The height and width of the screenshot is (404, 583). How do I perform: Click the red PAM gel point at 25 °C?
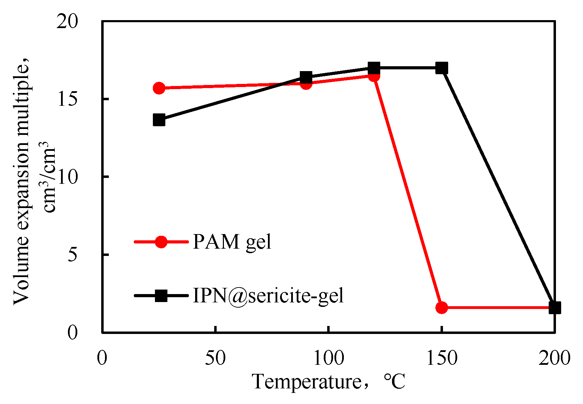click(159, 88)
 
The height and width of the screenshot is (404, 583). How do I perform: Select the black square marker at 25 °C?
click(159, 120)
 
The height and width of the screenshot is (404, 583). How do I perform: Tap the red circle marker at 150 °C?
click(442, 307)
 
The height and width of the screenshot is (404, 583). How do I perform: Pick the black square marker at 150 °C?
click(442, 68)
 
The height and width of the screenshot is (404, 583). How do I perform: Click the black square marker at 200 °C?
click(555, 307)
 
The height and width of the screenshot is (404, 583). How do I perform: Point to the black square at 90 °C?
click(306, 77)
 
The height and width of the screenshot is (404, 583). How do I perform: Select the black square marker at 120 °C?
click(374, 68)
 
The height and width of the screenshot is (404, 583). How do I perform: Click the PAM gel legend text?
click(232, 242)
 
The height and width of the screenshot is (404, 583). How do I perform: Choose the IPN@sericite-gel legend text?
click(268, 296)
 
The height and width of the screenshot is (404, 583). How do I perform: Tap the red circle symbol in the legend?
click(161, 242)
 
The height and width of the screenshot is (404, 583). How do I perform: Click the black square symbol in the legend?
click(161, 296)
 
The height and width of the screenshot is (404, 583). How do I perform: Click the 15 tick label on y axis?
click(68, 100)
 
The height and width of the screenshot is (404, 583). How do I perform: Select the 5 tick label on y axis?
click(73, 255)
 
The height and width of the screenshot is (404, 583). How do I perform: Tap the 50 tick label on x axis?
click(215, 358)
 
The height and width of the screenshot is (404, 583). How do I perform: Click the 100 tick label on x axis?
click(328, 358)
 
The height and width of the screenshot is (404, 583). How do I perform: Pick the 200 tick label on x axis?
click(554, 358)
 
